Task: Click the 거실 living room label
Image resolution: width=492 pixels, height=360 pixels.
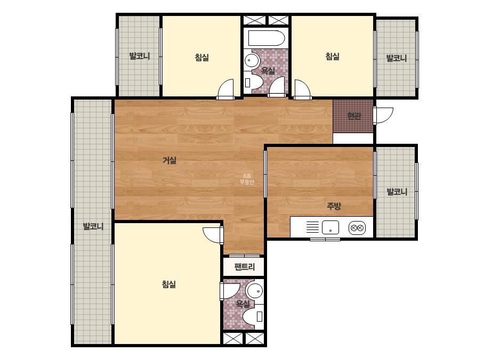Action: point(170,160)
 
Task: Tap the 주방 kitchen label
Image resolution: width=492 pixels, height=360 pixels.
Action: point(334,206)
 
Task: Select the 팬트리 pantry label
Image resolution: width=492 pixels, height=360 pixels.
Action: point(245,267)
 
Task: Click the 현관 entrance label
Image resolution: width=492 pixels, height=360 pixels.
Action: point(354,116)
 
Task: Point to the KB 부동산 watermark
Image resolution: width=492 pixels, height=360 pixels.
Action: point(247,179)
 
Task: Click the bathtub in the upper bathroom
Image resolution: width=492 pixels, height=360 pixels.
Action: point(267,38)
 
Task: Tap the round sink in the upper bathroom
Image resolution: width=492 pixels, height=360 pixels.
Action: point(252,60)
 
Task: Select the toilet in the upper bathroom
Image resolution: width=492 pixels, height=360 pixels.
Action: point(253,82)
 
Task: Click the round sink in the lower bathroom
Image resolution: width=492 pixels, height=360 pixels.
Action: point(254,291)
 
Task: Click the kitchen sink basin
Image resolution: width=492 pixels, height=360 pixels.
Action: point(330,227)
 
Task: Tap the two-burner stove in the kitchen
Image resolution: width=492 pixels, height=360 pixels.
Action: point(357,228)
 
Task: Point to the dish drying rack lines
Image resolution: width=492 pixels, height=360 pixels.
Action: point(312,227)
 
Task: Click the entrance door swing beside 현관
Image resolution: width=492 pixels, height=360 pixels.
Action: point(383,116)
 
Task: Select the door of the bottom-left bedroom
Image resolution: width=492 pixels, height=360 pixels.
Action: point(213,234)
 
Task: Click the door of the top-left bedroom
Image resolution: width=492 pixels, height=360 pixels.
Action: point(225,89)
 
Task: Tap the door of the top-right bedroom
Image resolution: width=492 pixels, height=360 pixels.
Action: point(302,89)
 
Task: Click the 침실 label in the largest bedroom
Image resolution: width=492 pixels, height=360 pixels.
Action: point(168,284)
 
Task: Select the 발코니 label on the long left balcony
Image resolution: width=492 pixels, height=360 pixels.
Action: point(93,226)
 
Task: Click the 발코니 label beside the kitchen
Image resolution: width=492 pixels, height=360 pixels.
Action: point(397,192)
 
